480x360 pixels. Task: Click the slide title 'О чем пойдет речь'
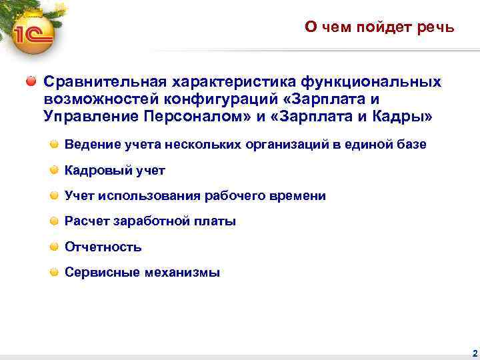tap(379, 27)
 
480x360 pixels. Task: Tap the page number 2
tap(473, 353)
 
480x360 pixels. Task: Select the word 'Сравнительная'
tap(105, 81)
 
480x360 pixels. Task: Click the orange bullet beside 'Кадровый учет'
tap(54, 170)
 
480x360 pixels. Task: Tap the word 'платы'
tap(215, 221)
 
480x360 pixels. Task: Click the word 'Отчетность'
tap(103, 247)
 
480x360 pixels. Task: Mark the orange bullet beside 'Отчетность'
tap(54, 247)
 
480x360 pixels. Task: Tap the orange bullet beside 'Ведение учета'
tap(54, 144)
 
